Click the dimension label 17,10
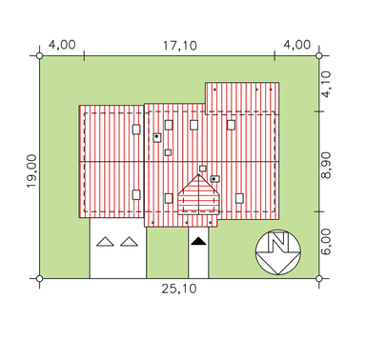coord(180,46)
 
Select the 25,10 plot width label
coord(179,289)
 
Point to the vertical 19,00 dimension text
coord(31,171)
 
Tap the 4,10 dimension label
coord(326,84)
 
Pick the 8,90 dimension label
coord(326,166)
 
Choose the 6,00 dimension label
coord(326,242)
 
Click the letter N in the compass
coord(278,242)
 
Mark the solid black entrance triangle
coord(198,241)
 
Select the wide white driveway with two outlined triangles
coord(118,249)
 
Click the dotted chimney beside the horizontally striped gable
coord(215,179)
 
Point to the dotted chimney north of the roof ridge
coord(157,137)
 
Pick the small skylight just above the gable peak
coord(203,169)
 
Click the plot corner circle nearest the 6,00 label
coord(319,279)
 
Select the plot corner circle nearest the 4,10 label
coord(319,56)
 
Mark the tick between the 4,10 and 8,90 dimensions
coord(319,111)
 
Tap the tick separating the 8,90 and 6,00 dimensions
coord(319,211)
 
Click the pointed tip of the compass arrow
coord(278,274)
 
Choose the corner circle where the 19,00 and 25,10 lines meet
coord(39,279)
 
